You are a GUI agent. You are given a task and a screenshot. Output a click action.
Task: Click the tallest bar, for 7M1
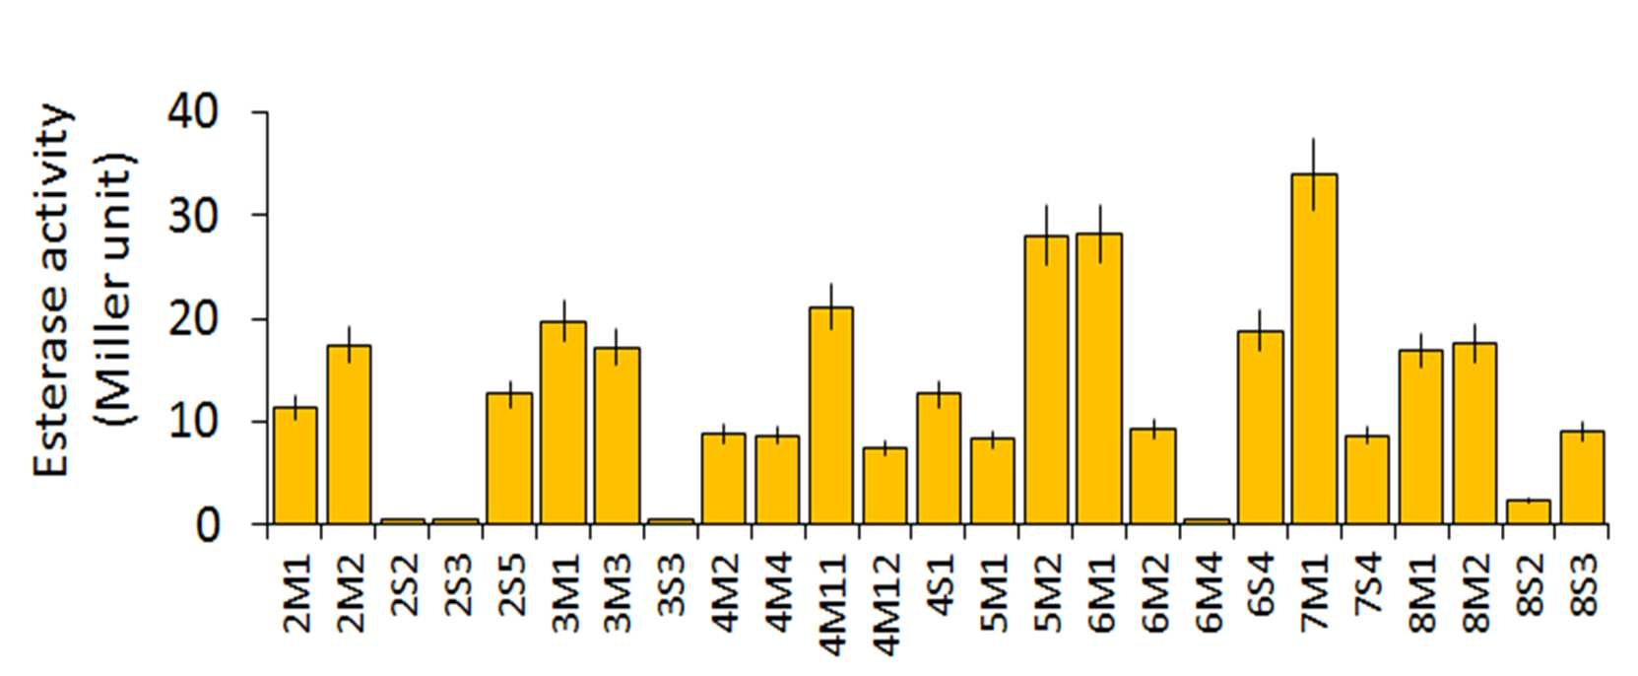pos(1314,349)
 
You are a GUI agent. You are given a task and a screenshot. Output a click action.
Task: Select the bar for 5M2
pos(1046,379)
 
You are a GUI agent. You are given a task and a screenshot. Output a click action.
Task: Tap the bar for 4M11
pos(831,416)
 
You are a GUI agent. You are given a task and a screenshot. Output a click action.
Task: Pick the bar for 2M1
pos(295,465)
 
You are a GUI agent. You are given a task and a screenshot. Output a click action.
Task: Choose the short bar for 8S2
pos(1529,512)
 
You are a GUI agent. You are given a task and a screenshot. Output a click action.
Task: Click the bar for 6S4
pos(1261,428)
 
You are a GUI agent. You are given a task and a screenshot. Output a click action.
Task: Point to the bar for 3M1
pos(563,423)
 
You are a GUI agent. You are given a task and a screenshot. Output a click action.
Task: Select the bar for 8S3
pos(1583,477)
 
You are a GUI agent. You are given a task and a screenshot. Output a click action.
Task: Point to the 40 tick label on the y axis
pos(193,112)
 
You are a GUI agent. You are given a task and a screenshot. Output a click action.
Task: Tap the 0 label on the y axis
pos(207,525)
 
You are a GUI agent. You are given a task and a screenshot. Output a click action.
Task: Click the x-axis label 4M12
pos(886,604)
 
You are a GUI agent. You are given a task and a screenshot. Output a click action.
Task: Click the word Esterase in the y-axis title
pos(51,380)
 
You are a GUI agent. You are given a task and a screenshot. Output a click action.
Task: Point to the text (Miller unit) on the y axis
pos(114,290)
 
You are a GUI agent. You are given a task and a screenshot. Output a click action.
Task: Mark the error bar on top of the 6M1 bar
pos(1100,235)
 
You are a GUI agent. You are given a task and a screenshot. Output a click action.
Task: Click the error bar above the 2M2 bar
pos(349,345)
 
